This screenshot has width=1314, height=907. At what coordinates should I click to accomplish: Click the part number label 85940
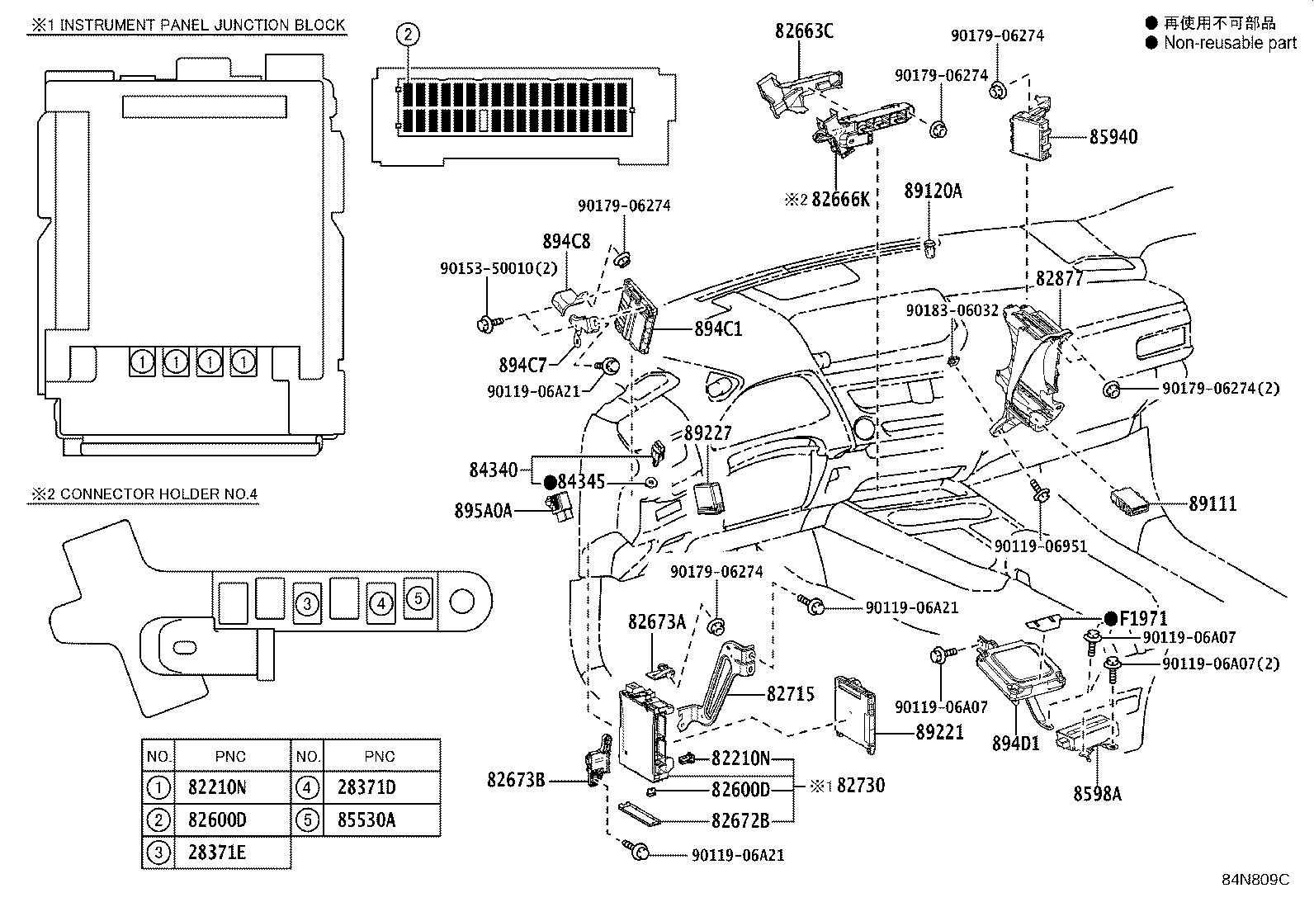(1113, 137)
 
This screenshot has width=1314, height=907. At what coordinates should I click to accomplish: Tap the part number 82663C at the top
(804, 31)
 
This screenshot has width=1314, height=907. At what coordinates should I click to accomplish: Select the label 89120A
(933, 191)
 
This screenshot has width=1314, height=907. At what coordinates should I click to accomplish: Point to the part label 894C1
(717, 328)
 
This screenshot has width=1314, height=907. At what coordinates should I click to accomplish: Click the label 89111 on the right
(1212, 503)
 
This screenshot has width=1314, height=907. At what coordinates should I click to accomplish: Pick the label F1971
(1143, 618)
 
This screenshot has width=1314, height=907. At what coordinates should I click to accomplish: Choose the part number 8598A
(1097, 793)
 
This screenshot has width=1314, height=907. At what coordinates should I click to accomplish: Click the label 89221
(939, 732)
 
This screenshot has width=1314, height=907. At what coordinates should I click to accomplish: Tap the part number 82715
(790, 693)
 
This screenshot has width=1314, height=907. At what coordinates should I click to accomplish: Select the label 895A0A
(483, 511)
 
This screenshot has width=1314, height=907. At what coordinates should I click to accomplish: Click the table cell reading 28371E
(217, 853)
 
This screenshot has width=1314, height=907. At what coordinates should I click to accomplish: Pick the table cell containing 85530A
(366, 820)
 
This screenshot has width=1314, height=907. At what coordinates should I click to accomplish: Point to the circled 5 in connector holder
(418, 598)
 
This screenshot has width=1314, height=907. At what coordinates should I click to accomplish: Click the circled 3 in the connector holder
(307, 603)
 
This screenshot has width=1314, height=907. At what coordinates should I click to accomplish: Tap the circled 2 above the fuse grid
(408, 34)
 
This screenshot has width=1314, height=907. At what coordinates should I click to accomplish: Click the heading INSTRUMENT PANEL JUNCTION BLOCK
(202, 25)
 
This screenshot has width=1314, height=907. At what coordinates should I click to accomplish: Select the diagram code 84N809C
(1255, 880)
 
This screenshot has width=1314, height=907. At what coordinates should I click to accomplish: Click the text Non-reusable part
(1230, 43)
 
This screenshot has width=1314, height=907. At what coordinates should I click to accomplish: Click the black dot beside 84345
(550, 481)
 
